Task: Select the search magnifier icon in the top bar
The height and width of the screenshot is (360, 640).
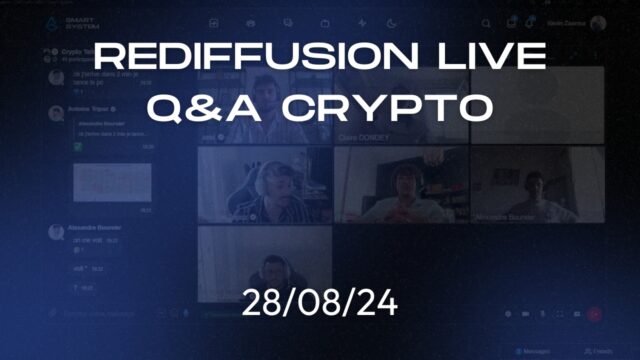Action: pyautogui.click(x=486, y=23)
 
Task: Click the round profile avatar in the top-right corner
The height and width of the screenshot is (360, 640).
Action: pyautogui.click(x=598, y=23)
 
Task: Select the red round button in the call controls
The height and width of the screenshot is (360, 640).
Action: pyautogui.click(x=594, y=314)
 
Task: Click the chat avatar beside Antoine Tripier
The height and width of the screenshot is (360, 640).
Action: pyautogui.click(x=55, y=107)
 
